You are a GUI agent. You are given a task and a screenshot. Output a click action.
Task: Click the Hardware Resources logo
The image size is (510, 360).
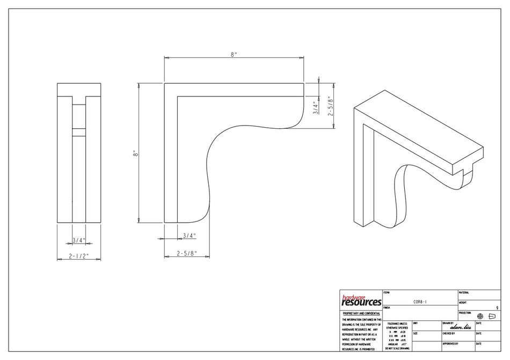click(361, 300)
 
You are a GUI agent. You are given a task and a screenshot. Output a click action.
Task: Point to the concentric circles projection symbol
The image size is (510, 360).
click(480, 316)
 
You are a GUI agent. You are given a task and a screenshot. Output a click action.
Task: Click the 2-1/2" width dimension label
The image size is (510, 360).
click(79, 256)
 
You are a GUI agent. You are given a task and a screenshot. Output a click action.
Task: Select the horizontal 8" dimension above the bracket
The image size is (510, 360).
click(234, 54)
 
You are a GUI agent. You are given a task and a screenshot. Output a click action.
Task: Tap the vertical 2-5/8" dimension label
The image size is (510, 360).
click(331, 105)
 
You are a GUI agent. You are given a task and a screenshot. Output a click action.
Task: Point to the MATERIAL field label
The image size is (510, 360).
click(464, 292)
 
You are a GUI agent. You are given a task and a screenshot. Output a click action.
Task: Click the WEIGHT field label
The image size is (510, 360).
click(463, 303)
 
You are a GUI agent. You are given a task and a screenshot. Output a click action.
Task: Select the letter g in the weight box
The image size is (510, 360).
click(497, 308)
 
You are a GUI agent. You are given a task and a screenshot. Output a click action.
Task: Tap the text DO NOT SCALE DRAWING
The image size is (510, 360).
click(396, 348)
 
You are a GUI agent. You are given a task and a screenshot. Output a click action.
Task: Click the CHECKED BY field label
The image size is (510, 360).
click(450, 333)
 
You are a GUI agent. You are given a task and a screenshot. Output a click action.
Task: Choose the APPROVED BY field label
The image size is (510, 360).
click(450, 343)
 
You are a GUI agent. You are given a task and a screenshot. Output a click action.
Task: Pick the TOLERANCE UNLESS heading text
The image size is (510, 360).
click(396, 324)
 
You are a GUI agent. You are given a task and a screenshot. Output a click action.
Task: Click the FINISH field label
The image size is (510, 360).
click(388, 308)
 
